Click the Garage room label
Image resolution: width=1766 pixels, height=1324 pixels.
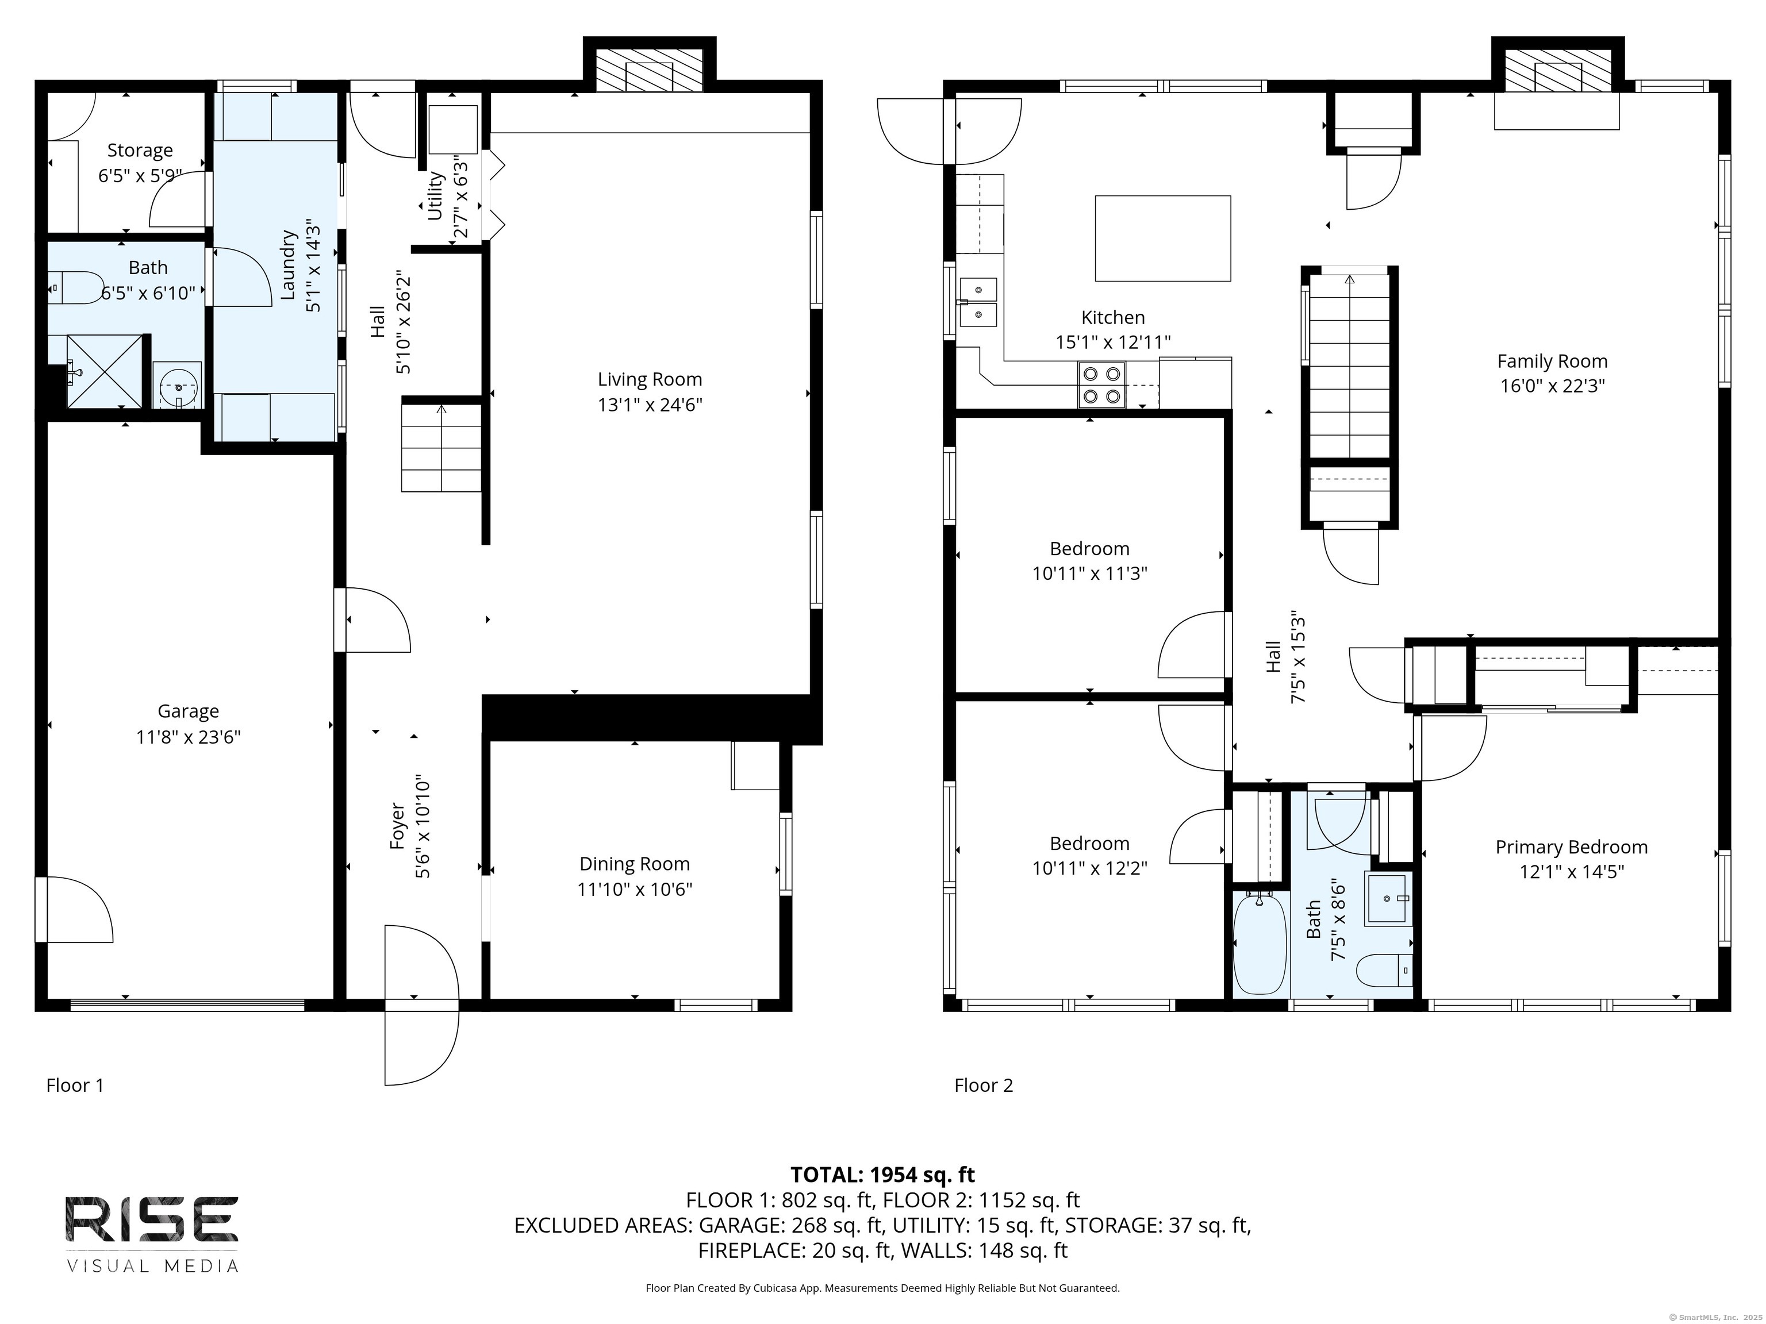[189, 711]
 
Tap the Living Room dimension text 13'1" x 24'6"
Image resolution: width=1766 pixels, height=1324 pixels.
[650, 405]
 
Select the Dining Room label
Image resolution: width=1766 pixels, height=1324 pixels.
[635, 864]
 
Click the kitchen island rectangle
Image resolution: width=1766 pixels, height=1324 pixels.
[1162, 238]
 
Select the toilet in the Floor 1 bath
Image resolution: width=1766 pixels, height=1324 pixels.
[76, 287]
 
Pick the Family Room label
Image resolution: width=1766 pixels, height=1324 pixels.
[1552, 361]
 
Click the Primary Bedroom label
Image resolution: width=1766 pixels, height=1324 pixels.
[1571, 847]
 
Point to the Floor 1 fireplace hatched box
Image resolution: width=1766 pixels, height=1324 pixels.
[649, 70]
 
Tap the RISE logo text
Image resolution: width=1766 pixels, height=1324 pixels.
[152, 1219]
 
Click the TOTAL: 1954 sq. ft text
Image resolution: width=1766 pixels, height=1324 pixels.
[882, 1174]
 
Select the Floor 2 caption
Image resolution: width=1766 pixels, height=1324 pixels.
[984, 1086]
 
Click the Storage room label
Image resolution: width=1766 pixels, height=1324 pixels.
[140, 150]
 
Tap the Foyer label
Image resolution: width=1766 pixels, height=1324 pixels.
[398, 826]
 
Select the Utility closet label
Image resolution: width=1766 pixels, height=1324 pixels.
[435, 195]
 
